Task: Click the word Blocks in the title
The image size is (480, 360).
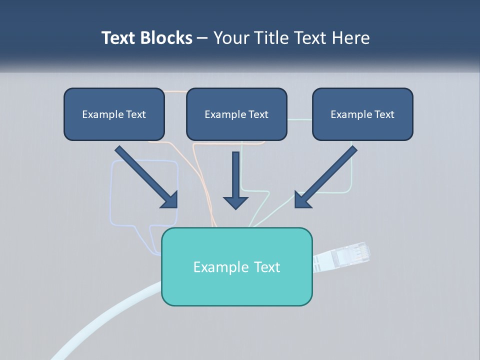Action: tap(167, 38)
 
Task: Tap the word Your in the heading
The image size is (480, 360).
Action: tap(229, 38)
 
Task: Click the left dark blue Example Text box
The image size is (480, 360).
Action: tap(114, 114)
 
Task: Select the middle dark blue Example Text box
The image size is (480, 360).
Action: tap(236, 114)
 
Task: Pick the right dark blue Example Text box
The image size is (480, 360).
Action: tap(362, 114)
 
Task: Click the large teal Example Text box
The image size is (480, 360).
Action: tap(236, 266)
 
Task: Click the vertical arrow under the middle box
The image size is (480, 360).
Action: tap(235, 175)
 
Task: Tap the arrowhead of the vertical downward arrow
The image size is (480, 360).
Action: tap(235, 201)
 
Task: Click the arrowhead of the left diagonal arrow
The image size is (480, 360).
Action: tap(170, 200)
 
